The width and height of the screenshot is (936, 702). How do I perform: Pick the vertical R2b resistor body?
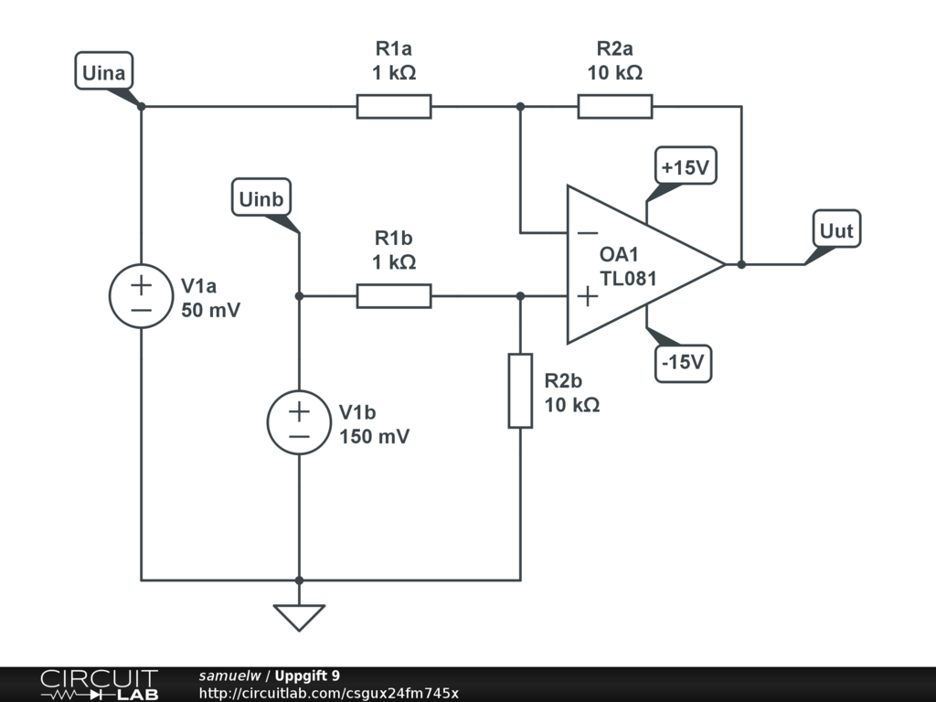[x=520, y=391]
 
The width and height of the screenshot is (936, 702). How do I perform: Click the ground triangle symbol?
[x=299, y=617]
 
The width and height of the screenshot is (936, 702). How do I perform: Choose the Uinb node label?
[x=261, y=197]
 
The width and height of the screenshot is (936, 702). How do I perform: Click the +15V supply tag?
[x=686, y=166]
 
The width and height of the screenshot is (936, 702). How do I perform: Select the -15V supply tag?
[x=684, y=363]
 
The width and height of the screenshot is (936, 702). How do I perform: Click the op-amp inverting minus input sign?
[x=588, y=233]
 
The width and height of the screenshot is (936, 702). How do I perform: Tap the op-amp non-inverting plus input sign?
[x=588, y=296]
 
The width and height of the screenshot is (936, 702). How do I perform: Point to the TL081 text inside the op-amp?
[x=628, y=279]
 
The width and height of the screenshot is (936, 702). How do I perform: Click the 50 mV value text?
[x=211, y=311]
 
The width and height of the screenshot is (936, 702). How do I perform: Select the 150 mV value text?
[x=374, y=436]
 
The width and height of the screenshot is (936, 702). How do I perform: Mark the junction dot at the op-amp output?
[x=741, y=264]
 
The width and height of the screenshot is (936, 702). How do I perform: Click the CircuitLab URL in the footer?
[x=329, y=693]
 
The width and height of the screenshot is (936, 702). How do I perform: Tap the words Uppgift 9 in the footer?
[x=307, y=675]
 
